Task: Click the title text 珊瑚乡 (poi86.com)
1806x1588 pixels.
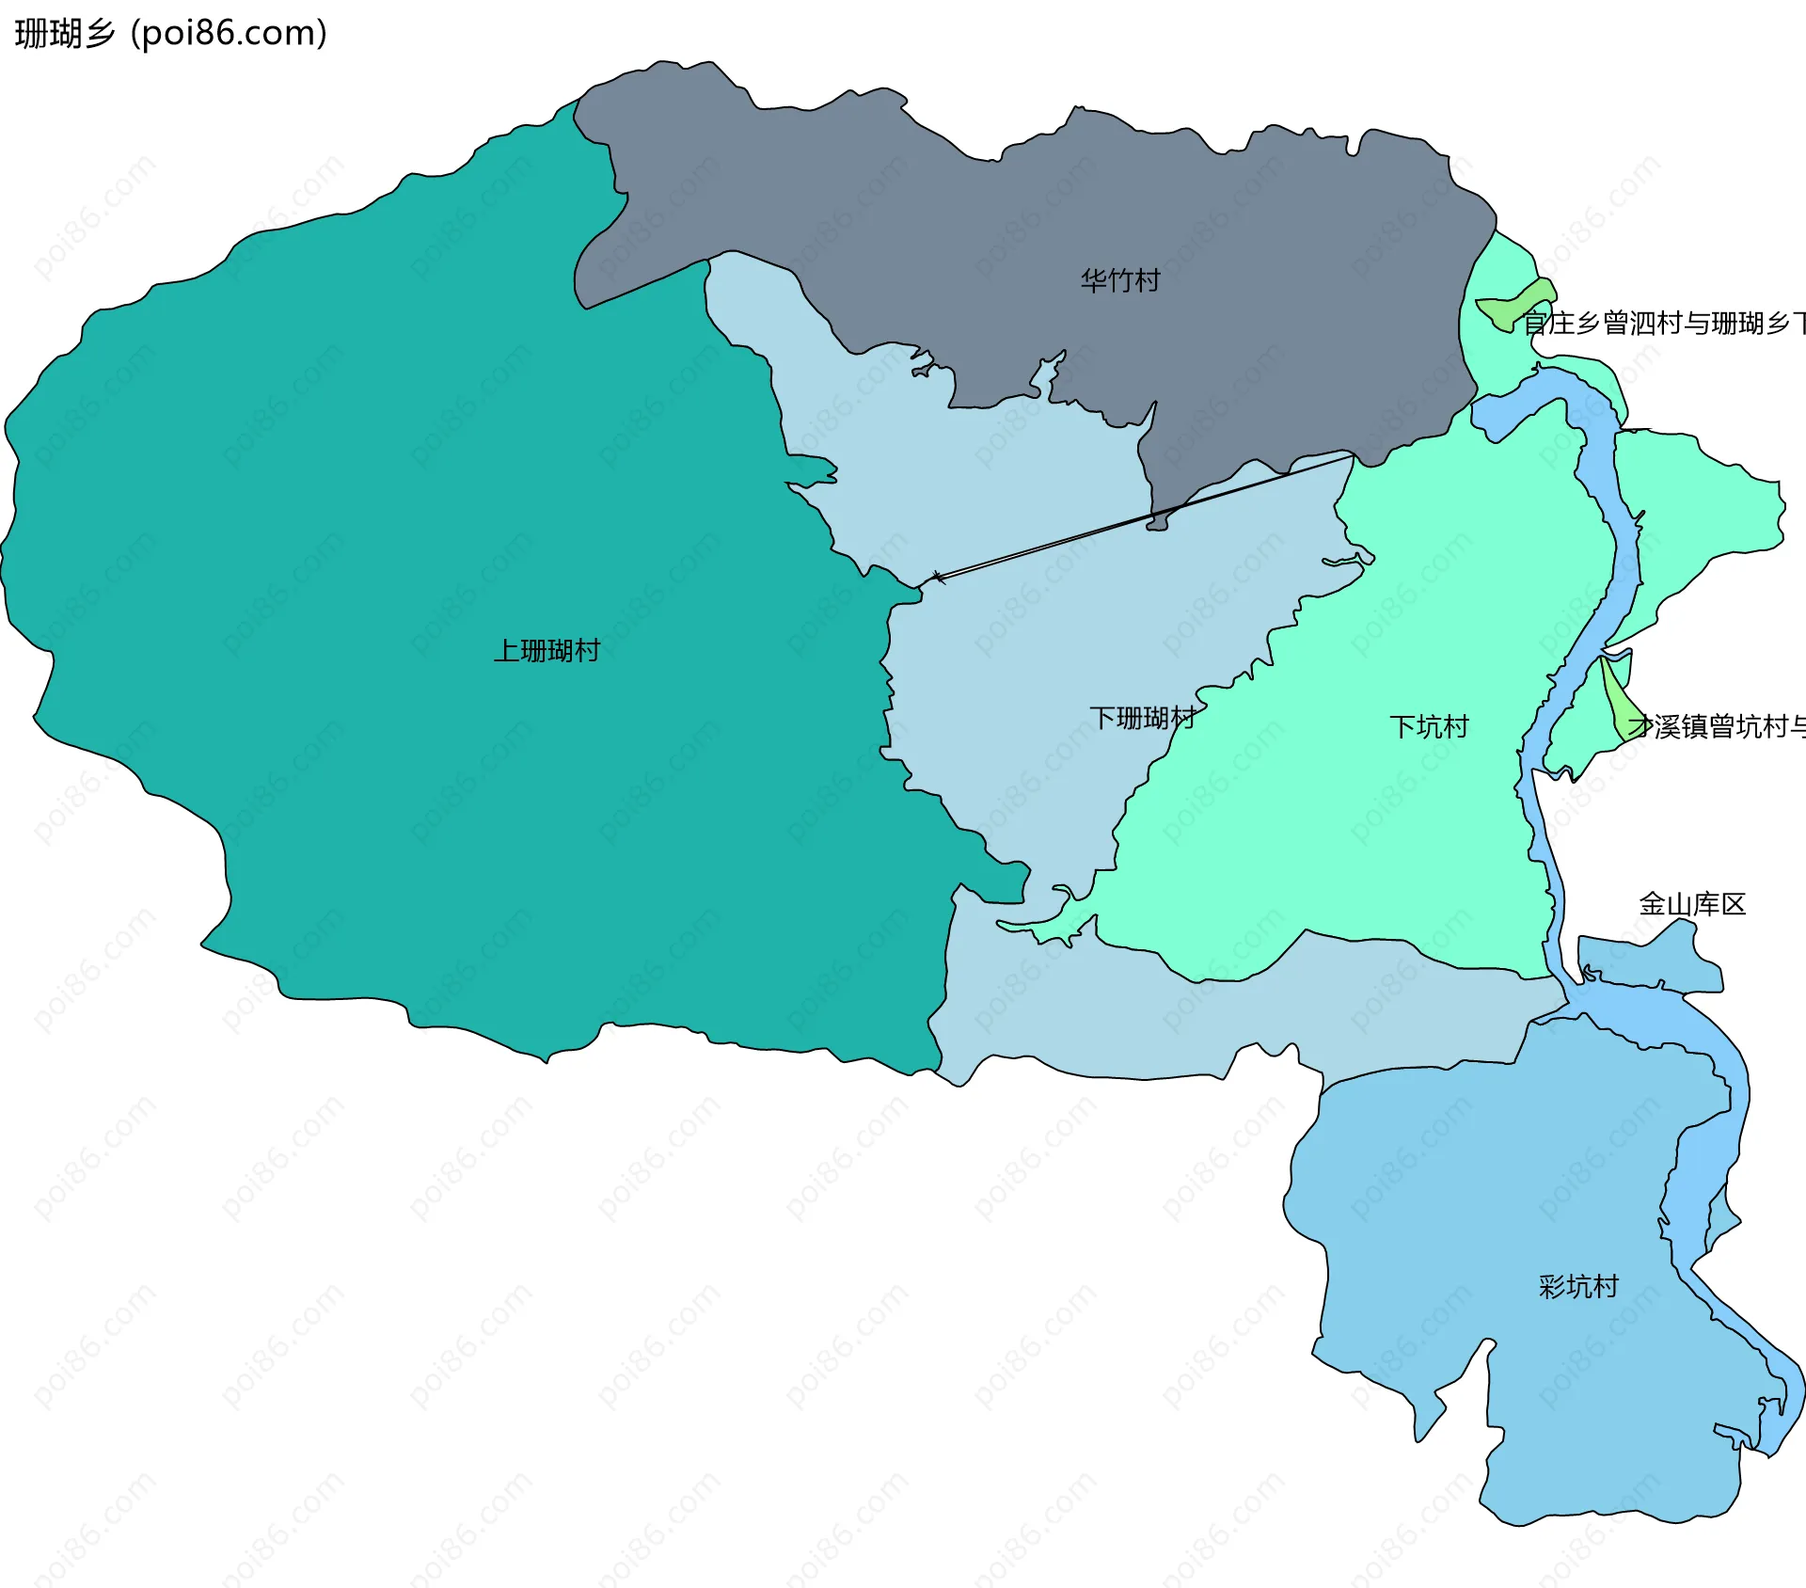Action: (170, 33)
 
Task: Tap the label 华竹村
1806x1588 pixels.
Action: (1119, 280)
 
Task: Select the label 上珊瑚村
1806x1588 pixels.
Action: (547, 650)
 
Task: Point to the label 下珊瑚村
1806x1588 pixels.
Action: (1142, 718)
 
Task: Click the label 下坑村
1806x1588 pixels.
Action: (1428, 726)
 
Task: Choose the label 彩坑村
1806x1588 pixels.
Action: (1577, 1286)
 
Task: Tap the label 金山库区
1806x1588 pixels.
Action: (1691, 904)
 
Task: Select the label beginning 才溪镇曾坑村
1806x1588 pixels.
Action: (1717, 726)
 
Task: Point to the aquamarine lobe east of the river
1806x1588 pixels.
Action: (1712, 508)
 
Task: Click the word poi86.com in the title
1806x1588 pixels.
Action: (229, 33)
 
